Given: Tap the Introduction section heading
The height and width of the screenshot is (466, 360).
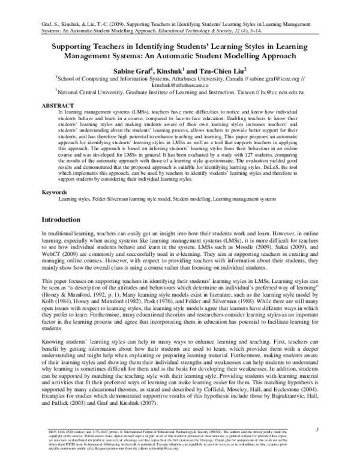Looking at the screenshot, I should [x=65, y=219].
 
